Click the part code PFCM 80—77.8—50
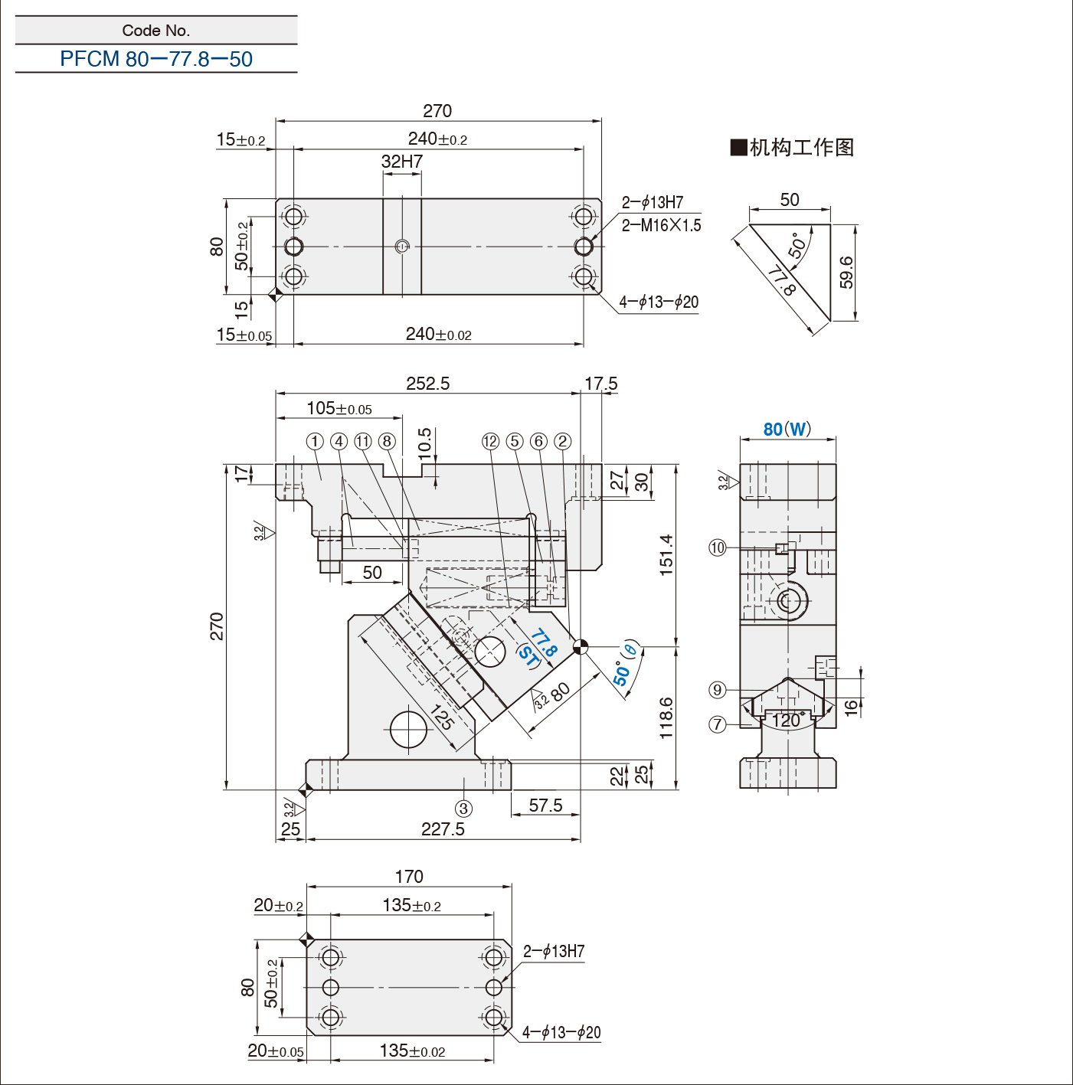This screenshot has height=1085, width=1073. click(156, 59)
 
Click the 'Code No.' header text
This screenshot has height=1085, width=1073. click(156, 31)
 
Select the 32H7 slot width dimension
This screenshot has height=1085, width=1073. click(402, 162)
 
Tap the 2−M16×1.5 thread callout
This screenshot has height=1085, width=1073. click(661, 225)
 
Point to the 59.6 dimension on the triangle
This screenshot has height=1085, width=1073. click(846, 273)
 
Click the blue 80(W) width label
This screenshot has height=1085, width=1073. click(787, 430)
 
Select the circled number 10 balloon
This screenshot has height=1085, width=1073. click(718, 547)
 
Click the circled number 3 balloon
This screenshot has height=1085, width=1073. click(463, 809)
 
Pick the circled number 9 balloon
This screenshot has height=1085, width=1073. click(718, 690)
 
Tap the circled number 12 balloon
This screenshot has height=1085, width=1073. click(490, 441)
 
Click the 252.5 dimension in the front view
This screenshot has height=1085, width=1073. click(427, 384)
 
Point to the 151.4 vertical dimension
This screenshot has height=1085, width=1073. click(666, 554)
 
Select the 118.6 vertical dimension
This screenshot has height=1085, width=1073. click(666, 717)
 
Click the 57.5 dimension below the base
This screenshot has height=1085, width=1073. click(545, 806)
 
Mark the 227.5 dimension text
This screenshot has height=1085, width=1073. click(443, 829)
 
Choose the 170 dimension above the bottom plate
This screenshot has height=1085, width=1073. click(409, 877)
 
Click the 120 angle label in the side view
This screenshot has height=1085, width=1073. click(787, 721)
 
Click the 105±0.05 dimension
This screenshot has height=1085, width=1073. click(339, 409)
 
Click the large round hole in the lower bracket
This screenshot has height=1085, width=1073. click(408, 729)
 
